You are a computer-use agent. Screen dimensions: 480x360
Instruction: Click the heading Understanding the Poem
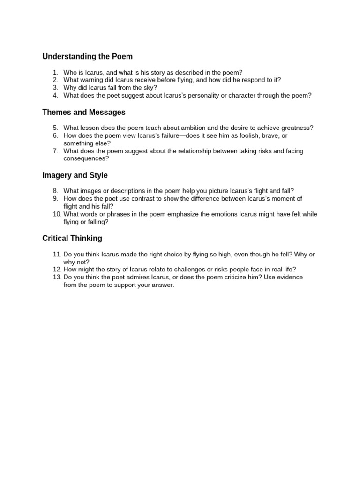tap(87, 57)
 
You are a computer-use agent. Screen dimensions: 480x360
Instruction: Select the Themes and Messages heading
tap(84, 112)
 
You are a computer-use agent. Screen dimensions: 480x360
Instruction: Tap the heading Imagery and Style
tap(75, 175)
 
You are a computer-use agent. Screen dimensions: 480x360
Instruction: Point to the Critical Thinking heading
tap(72, 238)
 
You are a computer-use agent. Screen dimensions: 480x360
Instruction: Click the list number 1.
tap(55, 72)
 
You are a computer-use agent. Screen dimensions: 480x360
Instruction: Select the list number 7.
tap(55, 151)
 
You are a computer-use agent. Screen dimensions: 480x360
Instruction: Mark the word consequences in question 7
tap(85, 158)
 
